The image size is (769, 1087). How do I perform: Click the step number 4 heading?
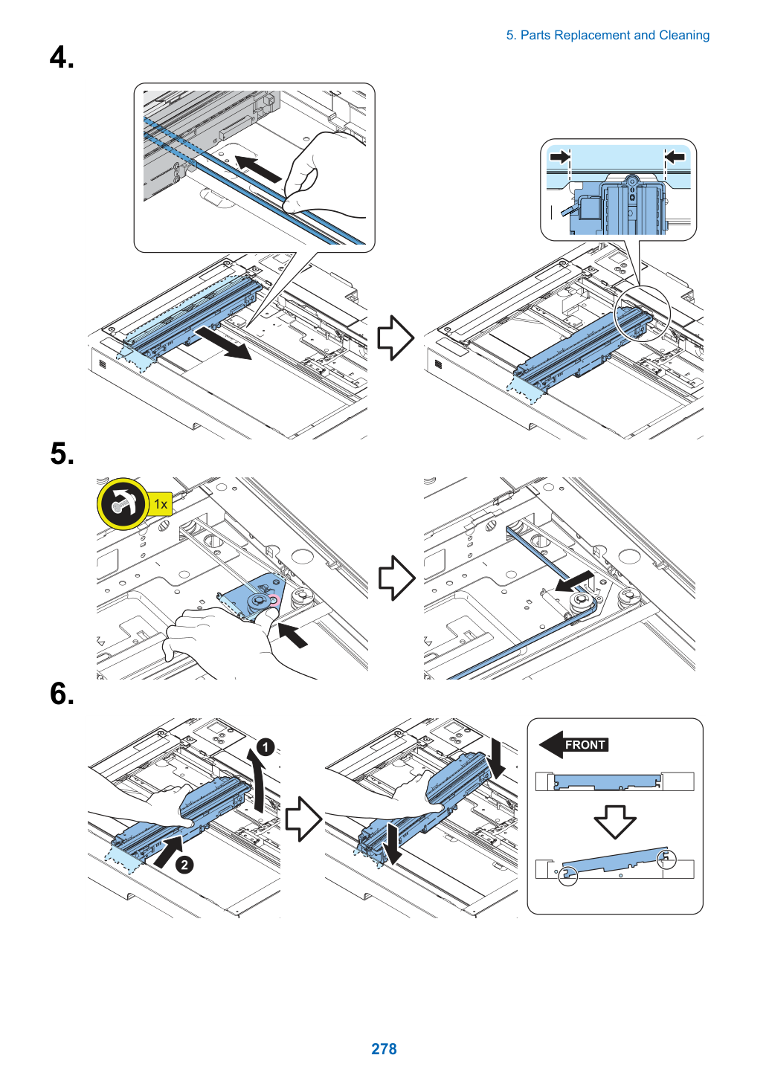tap(62, 57)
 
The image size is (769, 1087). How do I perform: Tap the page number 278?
tap(384, 1048)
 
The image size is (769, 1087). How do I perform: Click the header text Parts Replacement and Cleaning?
tap(614, 35)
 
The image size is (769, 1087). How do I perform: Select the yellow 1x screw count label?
tap(160, 504)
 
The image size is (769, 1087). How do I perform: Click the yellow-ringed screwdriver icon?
tap(123, 503)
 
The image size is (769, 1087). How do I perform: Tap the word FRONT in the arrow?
tap(585, 744)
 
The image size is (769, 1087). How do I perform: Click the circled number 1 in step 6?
tap(266, 746)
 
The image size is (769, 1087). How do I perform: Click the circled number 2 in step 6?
tap(184, 865)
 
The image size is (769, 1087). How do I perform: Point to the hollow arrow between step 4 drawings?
tap(396, 338)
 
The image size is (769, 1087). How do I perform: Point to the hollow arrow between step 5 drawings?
tap(396, 578)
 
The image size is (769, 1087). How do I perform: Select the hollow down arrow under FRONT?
tap(615, 822)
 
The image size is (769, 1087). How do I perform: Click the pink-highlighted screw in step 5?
tap(274, 601)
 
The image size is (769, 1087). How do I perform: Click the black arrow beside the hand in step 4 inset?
tap(258, 168)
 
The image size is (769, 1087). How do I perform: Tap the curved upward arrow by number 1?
tap(257, 781)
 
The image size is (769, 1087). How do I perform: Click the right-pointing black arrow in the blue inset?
tap(559, 157)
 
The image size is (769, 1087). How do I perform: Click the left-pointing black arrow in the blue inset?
tap(675, 156)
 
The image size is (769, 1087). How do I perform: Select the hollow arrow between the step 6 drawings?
tap(303, 819)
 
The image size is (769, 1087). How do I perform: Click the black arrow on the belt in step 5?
tap(574, 581)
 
